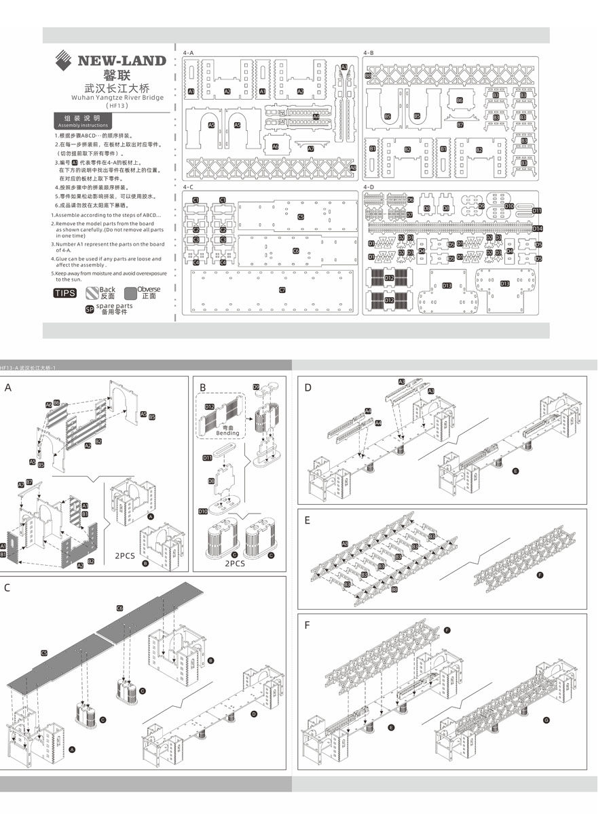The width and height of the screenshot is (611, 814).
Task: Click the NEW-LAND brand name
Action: (x=122, y=60)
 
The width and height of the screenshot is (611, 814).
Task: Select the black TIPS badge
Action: (x=65, y=293)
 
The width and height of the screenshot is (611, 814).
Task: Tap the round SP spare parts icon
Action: (x=89, y=309)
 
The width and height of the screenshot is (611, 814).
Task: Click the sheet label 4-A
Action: (x=188, y=52)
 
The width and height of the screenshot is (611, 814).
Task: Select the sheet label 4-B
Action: (x=369, y=52)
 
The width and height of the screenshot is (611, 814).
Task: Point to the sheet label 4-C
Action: (x=188, y=187)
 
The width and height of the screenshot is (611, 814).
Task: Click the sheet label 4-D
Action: (x=369, y=187)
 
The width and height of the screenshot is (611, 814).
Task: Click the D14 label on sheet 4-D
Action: (x=537, y=229)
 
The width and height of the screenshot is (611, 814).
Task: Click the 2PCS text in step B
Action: (x=234, y=563)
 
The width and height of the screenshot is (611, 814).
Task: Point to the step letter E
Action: (x=308, y=520)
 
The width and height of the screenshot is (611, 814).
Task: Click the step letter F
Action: (x=308, y=625)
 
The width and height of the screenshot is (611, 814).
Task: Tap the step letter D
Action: (x=308, y=388)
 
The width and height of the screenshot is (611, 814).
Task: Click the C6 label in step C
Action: (x=120, y=608)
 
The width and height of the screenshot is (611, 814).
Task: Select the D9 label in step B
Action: (x=256, y=387)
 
